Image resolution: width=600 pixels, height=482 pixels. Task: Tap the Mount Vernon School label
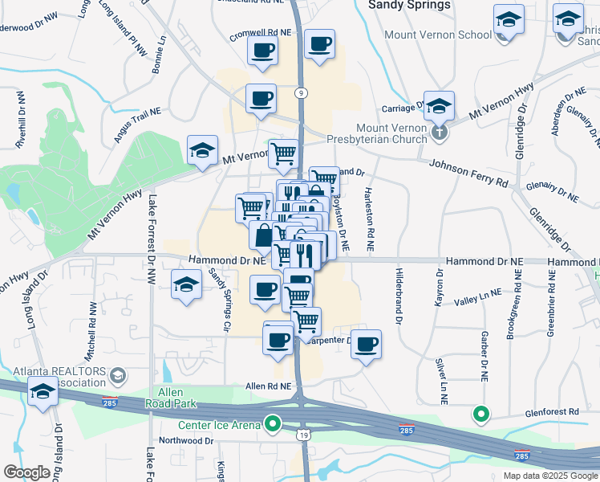pos(438,35)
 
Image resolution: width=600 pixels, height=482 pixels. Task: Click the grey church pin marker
pos(438,131)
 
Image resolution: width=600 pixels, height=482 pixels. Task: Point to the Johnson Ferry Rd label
pos(468,173)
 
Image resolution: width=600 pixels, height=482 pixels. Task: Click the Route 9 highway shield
pos(298,92)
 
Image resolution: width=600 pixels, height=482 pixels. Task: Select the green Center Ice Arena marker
pos(274,423)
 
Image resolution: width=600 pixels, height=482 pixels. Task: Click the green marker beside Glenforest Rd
pos(480,415)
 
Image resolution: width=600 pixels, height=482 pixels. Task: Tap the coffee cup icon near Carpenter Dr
pos(366,344)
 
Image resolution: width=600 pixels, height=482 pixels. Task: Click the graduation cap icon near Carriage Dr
pos(439,105)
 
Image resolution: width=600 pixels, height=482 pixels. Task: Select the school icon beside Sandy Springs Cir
pos(186,284)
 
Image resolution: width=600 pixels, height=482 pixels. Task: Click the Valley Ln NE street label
pos(477,298)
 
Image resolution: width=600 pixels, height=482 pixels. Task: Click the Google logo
pos(26,472)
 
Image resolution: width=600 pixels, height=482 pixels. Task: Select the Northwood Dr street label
pos(186,441)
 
